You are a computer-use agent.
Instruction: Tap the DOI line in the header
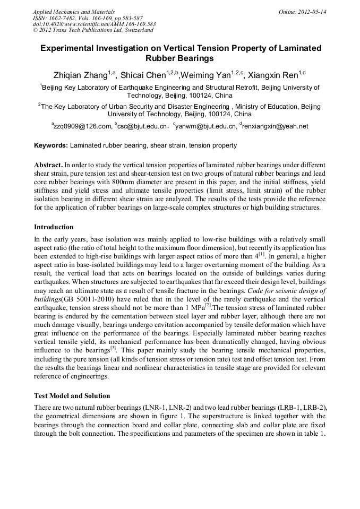[x=94, y=24]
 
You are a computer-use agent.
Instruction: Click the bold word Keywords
[x=51, y=145]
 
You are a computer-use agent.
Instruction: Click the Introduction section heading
[x=54, y=227]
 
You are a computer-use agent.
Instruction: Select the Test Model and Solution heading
[x=72, y=395]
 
